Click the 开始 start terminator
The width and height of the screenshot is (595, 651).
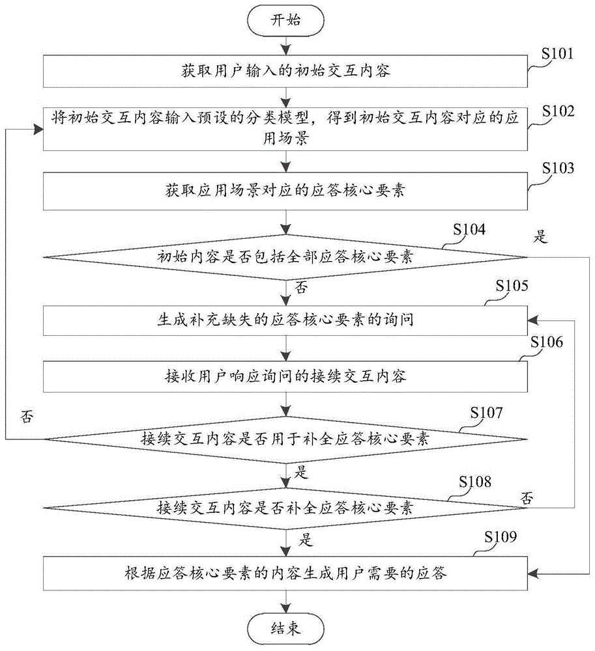point(285,20)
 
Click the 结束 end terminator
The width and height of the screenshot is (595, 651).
point(285,629)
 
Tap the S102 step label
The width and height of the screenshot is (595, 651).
point(559,111)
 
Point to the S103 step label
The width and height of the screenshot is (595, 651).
point(559,168)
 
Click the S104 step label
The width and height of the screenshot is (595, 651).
point(469,230)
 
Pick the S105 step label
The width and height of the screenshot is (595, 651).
point(512,286)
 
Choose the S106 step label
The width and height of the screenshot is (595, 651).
point(547,342)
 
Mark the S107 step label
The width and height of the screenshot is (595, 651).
point(487,413)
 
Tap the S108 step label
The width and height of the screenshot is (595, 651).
point(475,482)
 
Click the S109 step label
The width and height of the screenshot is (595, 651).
point(501,537)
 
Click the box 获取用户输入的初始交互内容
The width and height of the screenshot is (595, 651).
point(285,72)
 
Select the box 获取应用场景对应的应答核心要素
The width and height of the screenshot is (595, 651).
point(285,191)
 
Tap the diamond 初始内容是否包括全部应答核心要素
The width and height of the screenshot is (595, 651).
point(285,257)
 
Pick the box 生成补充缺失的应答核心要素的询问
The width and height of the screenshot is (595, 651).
point(285,320)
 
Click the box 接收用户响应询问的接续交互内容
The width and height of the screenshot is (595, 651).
point(285,376)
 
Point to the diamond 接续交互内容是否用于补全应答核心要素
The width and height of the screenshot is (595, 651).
point(285,439)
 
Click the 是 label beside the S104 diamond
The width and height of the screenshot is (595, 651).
point(540,237)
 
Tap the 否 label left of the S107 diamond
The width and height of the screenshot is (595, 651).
point(27,417)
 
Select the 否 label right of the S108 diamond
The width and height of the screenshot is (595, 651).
point(527,498)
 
